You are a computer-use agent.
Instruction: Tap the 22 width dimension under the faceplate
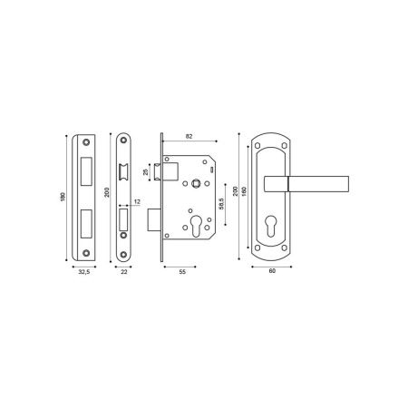(x=123, y=271)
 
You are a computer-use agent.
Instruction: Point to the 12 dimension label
(x=136, y=201)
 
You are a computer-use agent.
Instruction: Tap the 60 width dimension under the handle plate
(x=273, y=271)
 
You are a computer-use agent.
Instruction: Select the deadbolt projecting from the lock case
(x=154, y=219)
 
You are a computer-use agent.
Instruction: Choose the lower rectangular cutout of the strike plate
(x=87, y=219)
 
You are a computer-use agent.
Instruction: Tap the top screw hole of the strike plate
(x=87, y=142)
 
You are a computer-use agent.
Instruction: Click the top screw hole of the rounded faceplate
(x=123, y=141)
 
